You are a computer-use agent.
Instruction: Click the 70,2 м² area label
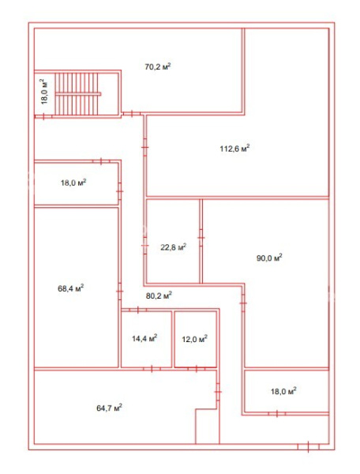pyautogui.click(x=158, y=66)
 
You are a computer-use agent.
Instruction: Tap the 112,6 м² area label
pyautogui.click(x=234, y=149)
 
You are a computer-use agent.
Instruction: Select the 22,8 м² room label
pyautogui.click(x=173, y=247)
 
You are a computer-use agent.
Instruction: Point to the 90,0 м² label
pyautogui.click(x=269, y=258)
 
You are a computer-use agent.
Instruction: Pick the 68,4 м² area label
pyautogui.click(x=71, y=288)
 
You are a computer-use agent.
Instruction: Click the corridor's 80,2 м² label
pyautogui.click(x=159, y=295)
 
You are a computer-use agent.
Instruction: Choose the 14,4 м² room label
pyautogui.click(x=144, y=338)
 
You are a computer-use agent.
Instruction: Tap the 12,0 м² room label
pyautogui.click(x=194, y=339)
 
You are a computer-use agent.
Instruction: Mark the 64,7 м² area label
pyautogui.click(x=109, y=408)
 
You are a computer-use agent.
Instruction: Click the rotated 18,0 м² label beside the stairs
pyautogui.click(x=44, y=92)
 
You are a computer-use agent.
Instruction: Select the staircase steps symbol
pyautogui.click(x=77, y=94)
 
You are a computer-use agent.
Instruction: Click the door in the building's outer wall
pyautogui.click(x=309, y=446)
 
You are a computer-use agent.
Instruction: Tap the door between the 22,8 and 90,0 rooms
pyautogui.click(x=201, y=238)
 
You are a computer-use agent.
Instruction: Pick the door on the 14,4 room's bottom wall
pyautogui.click(x=152, y=369)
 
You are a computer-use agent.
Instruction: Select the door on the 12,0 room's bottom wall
pyautogui.click(x=197, y=369)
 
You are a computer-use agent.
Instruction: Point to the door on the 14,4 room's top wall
pyautogui.click(x=137, y=310)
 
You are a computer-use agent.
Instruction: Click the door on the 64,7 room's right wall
pyautogui.click(x=218, y=392)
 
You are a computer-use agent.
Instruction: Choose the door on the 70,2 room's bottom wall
pyautogui.click(x=132, y=114)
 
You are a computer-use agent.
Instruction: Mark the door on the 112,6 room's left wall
pyautogui.click(x=145, y=147)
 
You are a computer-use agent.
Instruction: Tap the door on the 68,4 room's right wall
pyautogui.click(x=119, y=292)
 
